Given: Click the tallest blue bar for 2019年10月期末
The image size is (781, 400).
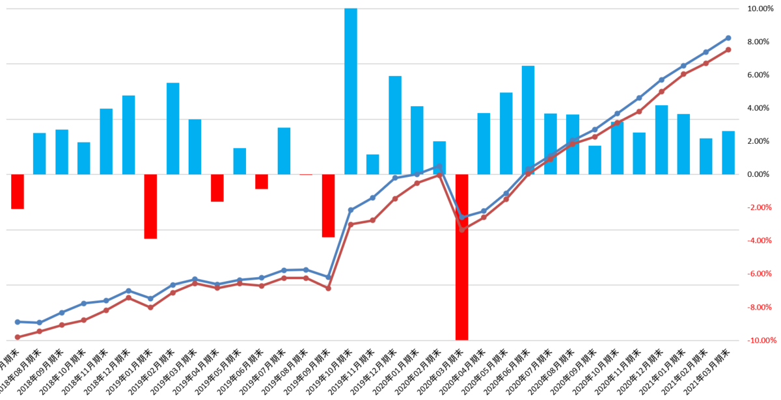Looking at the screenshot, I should tap(350, 91).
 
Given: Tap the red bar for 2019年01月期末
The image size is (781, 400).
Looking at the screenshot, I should tap(150, 206).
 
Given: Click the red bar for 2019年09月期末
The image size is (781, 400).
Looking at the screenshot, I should tap(328, 206).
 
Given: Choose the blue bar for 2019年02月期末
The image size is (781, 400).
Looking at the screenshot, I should tap(172, 128).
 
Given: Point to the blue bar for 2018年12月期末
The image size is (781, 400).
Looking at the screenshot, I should tap(128, 135).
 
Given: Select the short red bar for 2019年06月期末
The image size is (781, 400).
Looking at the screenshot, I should tap(262, 181).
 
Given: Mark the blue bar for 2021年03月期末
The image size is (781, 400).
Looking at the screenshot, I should tap(728, 152).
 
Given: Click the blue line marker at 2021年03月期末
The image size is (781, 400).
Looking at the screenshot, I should tap(728, 38).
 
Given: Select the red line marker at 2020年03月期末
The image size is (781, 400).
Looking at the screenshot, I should tap(461, 230).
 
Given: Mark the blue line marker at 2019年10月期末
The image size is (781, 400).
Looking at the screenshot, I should tap(351, 210).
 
